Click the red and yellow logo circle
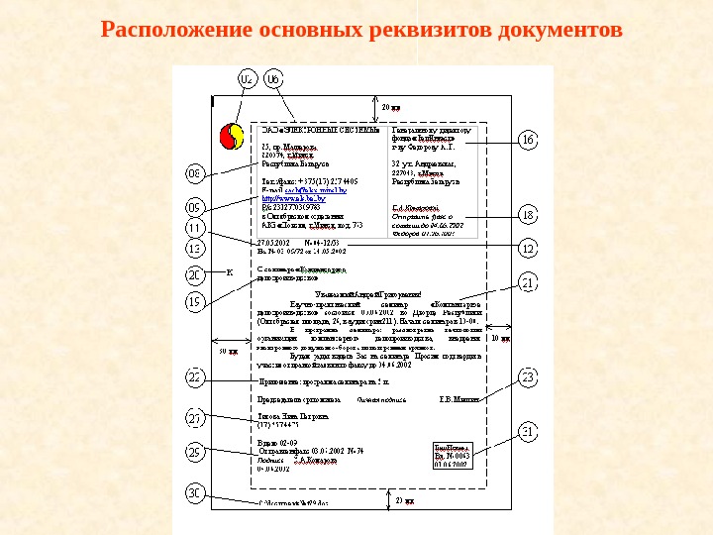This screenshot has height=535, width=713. pos(231,135)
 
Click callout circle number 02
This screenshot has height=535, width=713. pos(247,78)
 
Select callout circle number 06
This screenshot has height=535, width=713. pos(273,78)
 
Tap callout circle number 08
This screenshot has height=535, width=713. pos(195,175)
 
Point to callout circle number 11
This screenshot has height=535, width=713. pos(195,229)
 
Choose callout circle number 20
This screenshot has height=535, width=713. pos(195,274)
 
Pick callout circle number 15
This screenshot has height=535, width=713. pos(195,300)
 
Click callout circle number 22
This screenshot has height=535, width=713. pos(195,377)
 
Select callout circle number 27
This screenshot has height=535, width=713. pos(195,418)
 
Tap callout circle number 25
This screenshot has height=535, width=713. pos(195,453)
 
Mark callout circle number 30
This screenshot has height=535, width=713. pos(195,492)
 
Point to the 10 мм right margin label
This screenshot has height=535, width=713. pos(501,339)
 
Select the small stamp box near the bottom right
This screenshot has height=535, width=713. pos(452,457)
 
